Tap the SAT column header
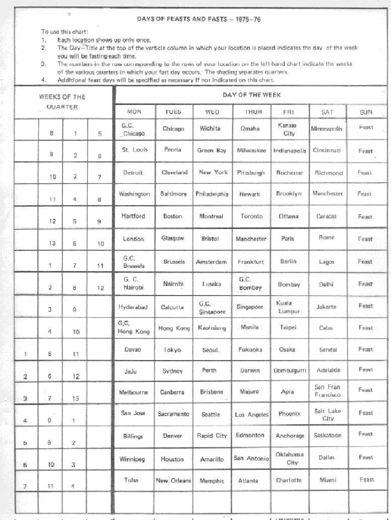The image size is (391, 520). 327,111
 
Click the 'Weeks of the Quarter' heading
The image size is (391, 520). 62,102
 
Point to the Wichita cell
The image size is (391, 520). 210,129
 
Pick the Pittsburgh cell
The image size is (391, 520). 250,172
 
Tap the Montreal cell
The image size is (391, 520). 211,216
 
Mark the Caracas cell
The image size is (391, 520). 327,216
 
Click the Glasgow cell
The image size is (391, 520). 173,239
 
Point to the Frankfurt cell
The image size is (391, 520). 250,262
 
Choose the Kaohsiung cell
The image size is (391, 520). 211,328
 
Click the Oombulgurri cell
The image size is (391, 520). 289,370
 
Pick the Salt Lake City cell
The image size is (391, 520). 328,415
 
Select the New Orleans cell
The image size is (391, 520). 173,481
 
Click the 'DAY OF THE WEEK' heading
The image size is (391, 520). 251,95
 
